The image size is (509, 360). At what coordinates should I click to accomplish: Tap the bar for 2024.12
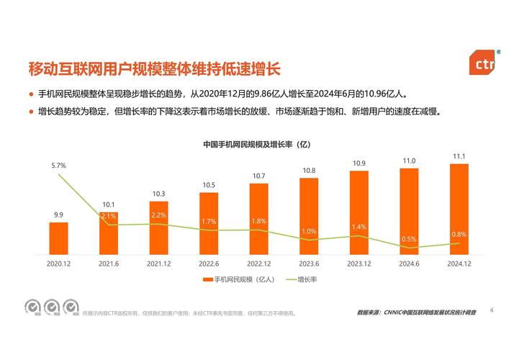pos(459,209)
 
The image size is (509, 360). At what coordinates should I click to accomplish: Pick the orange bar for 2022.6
pos(209,224)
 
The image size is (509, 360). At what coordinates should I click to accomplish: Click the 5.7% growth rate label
pos(58,166)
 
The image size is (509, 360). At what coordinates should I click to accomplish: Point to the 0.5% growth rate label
pos(409,239)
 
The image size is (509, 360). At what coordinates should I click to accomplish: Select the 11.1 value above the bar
pos(459,156)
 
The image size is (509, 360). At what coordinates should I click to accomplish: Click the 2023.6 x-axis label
pos(309,264)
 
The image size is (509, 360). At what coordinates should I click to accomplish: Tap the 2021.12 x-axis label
pos(158,264)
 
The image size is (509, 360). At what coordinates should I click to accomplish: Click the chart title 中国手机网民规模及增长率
pos(256,145)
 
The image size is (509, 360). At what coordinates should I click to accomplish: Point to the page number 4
pos(491,310)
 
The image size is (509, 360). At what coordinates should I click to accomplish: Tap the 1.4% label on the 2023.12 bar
pos(359,227)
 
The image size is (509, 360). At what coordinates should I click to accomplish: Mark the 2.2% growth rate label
pos(158,215)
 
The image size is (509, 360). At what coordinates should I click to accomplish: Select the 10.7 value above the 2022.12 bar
pos(258,176)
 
